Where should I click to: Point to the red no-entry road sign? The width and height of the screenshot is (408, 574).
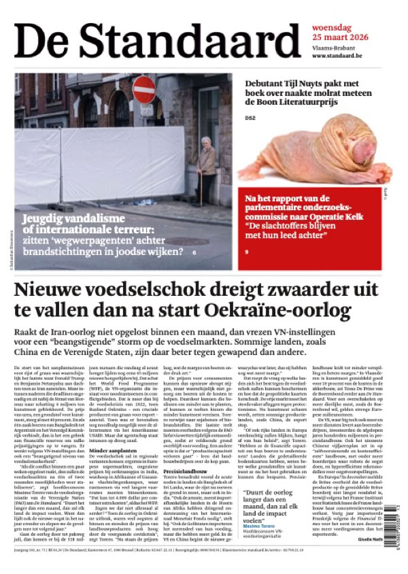click(143, 90)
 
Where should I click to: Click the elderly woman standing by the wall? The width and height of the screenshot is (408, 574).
click(207, 169)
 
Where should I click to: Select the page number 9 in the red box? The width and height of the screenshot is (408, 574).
click(247, 252)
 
